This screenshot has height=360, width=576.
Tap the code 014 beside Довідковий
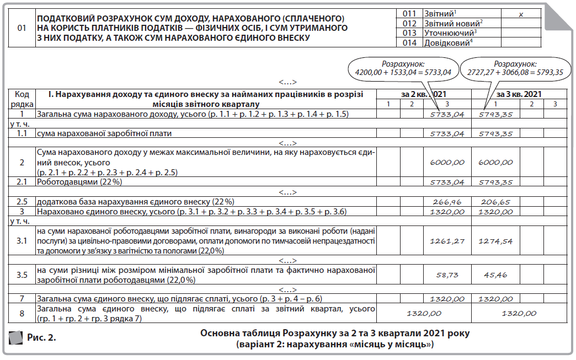(x=409, y=42)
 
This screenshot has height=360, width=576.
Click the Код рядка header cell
(x=22, y=99)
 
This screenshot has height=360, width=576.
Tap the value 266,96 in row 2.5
(x=447, y=202)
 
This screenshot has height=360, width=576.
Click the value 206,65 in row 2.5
(x=496, y=202)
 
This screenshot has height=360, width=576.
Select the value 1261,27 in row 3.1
(x=447, y=241)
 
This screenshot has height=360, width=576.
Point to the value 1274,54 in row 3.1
(x=496, y=241)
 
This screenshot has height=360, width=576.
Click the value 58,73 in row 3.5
(x=447, y=274)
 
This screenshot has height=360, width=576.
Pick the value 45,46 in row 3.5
(x=496, y=274)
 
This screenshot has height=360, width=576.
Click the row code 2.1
(x=22, y=181)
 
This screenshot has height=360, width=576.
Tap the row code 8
(x=22, y=313)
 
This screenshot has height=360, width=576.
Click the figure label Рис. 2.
(x=42, y=337)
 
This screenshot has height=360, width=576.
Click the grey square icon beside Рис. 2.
(x=16, y=337)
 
